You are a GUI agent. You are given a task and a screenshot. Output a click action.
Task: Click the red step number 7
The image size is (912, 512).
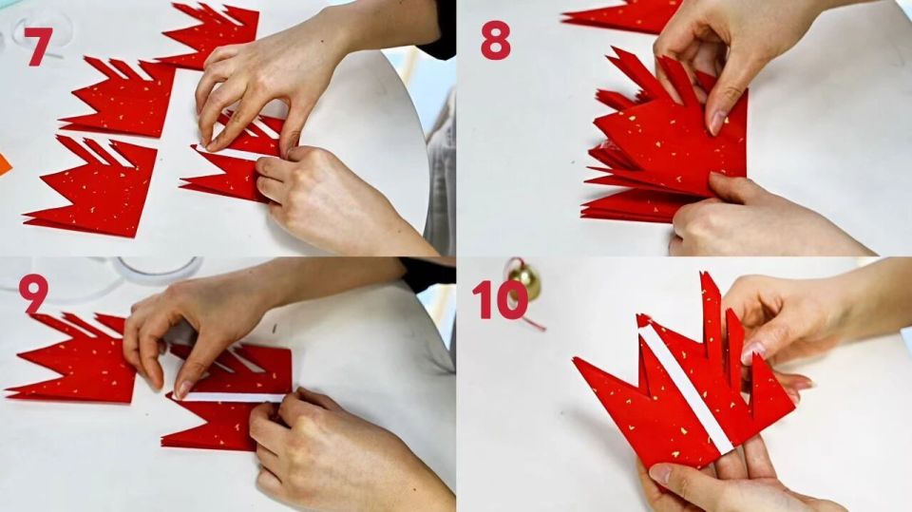click(x=38, y=46)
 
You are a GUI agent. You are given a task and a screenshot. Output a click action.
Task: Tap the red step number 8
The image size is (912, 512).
click(x=496, y=41)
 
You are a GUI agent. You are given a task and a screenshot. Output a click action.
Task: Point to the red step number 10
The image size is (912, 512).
click(x=501, y=299)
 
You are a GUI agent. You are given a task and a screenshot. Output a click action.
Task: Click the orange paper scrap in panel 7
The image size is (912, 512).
click(x=4, y=165)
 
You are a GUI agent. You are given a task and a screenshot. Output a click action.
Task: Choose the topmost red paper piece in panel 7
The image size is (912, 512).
click(x=213, y=34)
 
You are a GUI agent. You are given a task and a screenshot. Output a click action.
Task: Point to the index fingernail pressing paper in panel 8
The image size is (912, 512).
click(x=716, y=123)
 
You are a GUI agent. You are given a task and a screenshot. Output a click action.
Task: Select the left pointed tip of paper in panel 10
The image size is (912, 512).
click(x=575, y=360)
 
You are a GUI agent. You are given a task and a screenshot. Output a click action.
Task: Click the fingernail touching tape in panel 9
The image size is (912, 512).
click(x=182, y=389)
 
